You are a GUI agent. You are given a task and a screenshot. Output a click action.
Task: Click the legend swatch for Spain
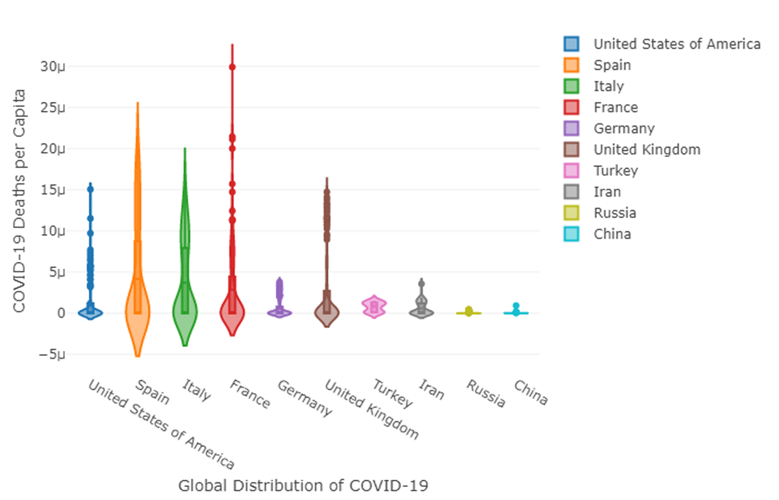tap(572, 65)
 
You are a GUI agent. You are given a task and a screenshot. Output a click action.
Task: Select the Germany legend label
tap(624, 128)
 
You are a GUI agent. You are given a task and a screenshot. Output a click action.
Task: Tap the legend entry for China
tap(612, 234)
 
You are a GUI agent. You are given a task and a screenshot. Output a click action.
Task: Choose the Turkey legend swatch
tap(572, 171)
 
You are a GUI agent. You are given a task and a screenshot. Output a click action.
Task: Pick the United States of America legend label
tap(677, 44)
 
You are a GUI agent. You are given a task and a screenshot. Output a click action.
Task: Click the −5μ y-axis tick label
tap(52, 355)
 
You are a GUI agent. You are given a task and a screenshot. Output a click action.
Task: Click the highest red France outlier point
tap(232, 67)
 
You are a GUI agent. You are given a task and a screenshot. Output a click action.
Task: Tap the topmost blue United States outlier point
tap(91, 189)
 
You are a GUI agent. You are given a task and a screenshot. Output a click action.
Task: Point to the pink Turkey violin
tap(375, 307)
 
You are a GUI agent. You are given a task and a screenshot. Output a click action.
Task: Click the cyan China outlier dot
tap(516, 306)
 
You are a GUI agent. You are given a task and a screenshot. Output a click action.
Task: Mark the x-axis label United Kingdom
tap(371, 410)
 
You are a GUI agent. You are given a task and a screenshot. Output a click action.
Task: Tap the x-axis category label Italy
tap(197, 390)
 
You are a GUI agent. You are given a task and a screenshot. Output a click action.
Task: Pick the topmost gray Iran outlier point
tap(422, 283)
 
